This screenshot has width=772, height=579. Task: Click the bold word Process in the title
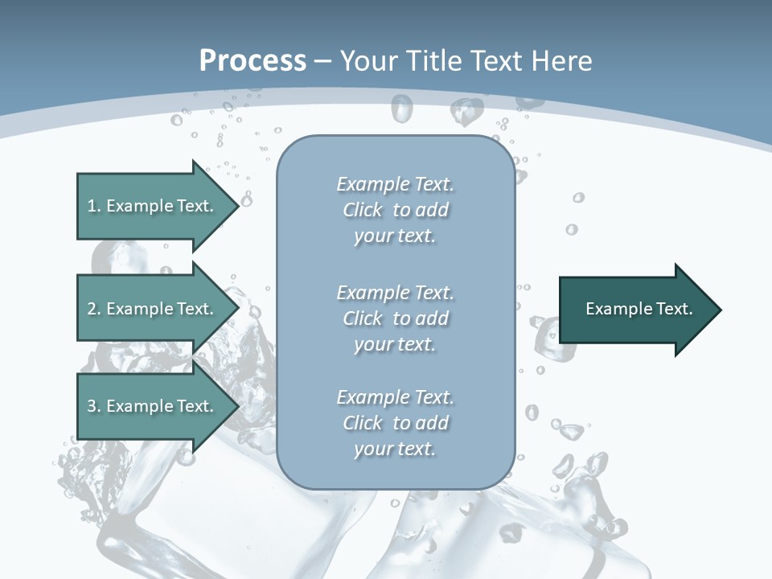coord(253,61)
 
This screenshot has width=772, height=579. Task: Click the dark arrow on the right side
coord(635,310)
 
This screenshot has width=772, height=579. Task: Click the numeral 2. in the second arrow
coord(93,309)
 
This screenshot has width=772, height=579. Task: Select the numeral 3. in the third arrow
coord(93,406)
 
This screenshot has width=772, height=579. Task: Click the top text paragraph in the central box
coord(395,210)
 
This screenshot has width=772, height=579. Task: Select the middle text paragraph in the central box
coord(395,318)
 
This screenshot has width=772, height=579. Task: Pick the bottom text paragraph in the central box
coord(395,423)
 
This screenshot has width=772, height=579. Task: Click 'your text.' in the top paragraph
coord(395,236)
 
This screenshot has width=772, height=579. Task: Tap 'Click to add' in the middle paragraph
coord(395,318)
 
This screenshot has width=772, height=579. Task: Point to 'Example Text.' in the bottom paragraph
coord(395,397)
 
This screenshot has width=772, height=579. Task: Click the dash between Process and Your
coord(323,63)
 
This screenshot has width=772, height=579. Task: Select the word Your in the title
coord(368,61)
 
